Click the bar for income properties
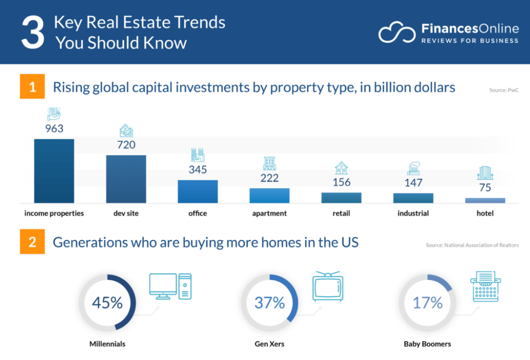54,171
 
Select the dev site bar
126,179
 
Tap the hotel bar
485,201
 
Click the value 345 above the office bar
197,170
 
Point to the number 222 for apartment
269,178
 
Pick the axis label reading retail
341,214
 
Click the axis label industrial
413,214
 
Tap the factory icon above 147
413,168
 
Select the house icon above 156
341,168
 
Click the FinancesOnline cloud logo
397,32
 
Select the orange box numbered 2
32,242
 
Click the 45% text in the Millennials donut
108,303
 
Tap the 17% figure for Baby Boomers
427,303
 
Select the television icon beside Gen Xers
327,286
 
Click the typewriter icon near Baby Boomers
485,286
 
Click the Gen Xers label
269,344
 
